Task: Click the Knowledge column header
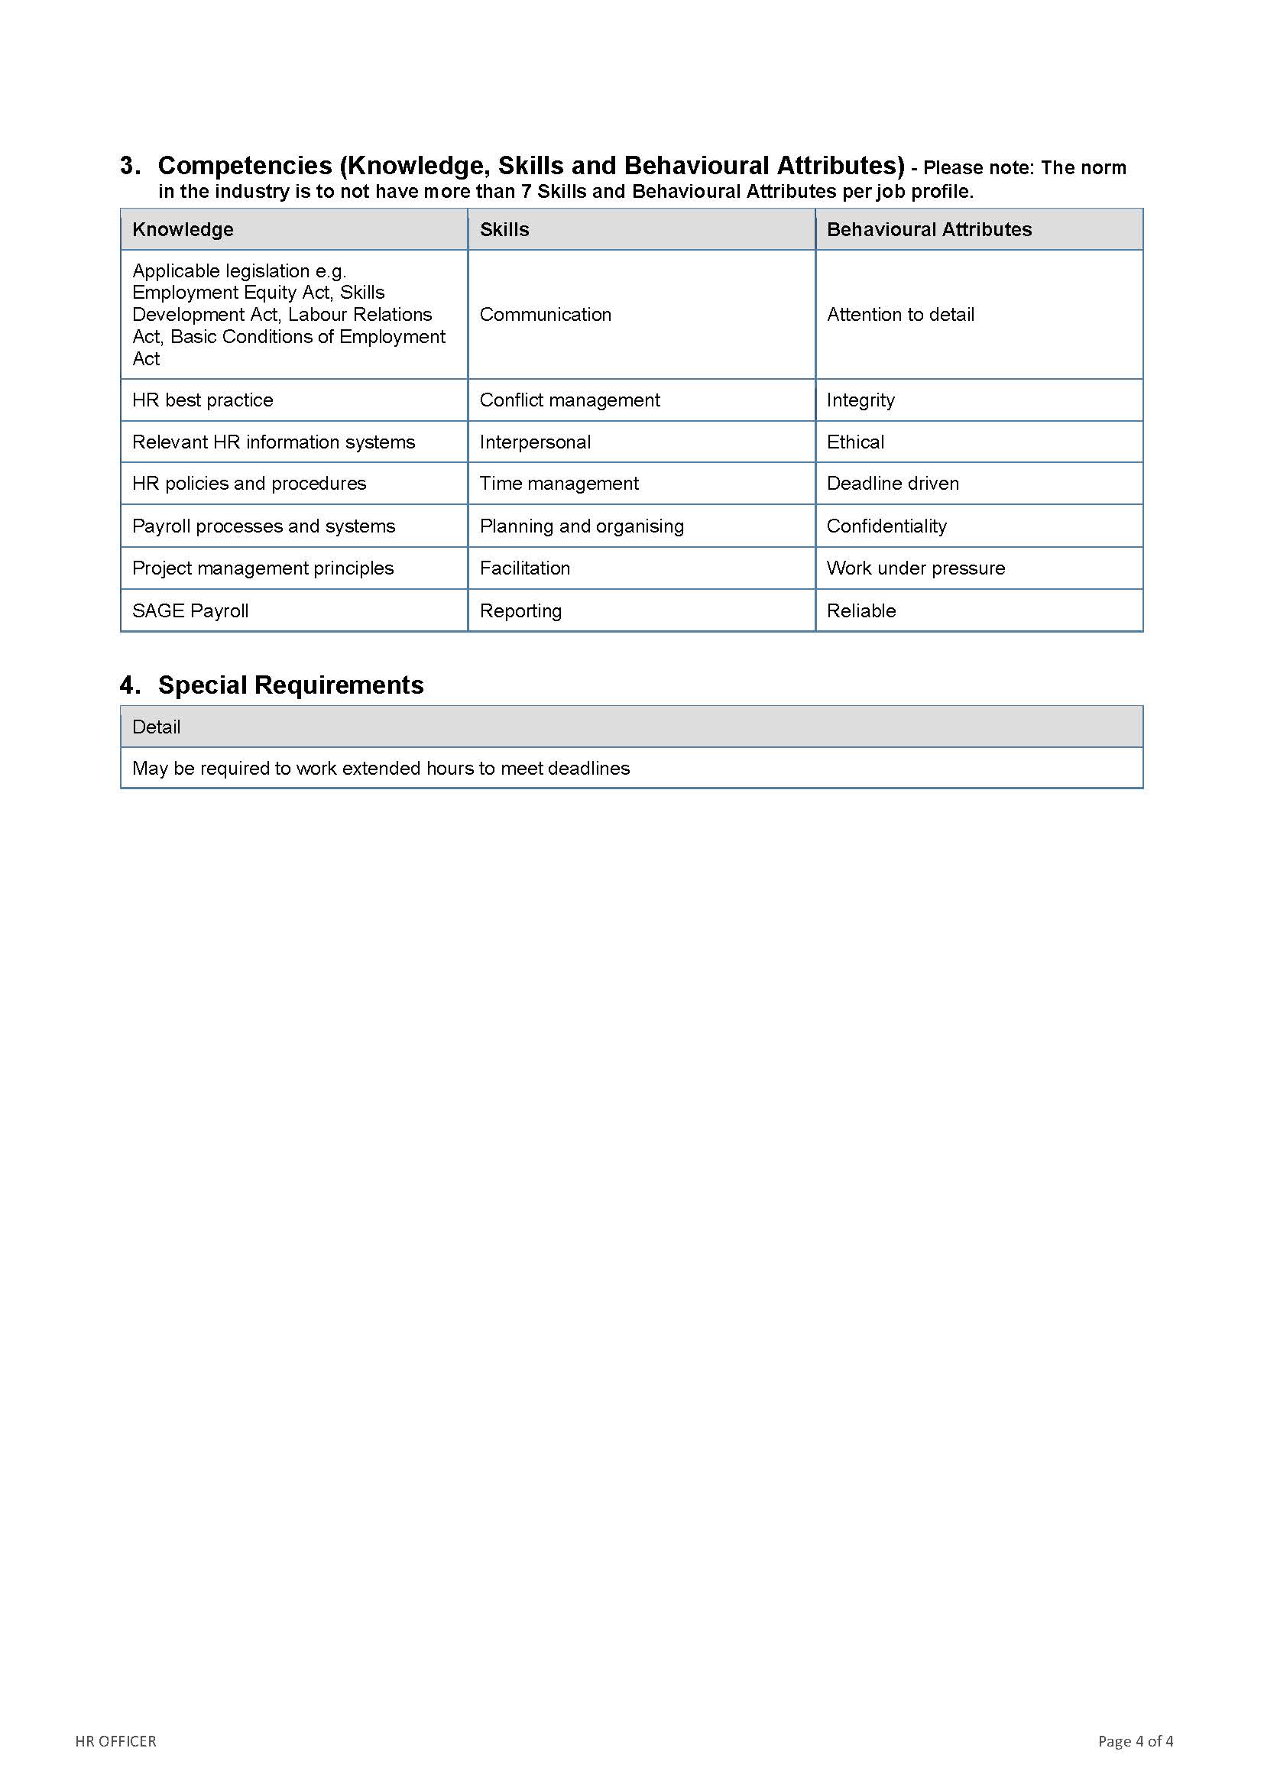coord(183,230)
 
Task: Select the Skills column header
coord(504,230)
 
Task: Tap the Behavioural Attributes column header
coord(929,230)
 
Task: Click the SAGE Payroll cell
coord(191,611)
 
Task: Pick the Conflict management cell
coord(570,400)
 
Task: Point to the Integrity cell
coord(860,400)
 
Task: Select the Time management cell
coord(559,484)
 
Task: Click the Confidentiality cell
coord(886,526)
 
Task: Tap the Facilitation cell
coord(524,568)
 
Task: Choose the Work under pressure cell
coord(916,568)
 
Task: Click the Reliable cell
coord(861,611)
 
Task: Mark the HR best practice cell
coord(203,400)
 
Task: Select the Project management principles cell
coord(263,568)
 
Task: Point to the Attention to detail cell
coord(900,315)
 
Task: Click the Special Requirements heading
coord(290,685)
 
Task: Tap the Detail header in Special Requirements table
coord(157,727)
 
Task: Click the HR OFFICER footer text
coord(116,1741)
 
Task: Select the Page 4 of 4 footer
coord(1136,1741)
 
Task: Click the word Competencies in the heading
coord(245,166)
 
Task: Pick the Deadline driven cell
coord(893,484)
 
